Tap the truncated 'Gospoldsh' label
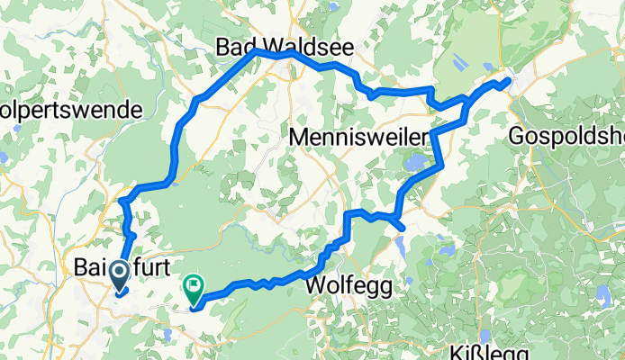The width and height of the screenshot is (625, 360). [566, 137]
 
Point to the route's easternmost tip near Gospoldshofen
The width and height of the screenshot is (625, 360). [510, 81]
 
